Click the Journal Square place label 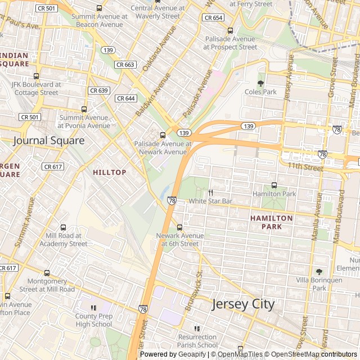pyautogui.click(x=48, y=141)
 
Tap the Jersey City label pyautogui.click(x=243, y=304)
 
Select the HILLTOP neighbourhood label pyautogui.click(x=109, y=172)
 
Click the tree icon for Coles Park pyautogui.click(x=260, y=83)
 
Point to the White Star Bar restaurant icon pyautogui.click(x=211, y=192)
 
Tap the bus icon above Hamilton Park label pyautogui.click(x=274, y=185)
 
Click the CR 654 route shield pyautogui.click(x=213, y=18)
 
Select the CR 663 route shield pyautogui.click(x=125, y=65)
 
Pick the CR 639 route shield pyautogui.click(x=99, y=90)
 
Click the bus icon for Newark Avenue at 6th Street pyautogui.click(x=179, y=227)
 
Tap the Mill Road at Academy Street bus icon pyautogui.click(x=63, y=227)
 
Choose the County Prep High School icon pyautogui.click(x=93, y=307)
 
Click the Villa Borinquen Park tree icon pyautogui.click(x=319, y=272)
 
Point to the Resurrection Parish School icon pyautogui.click(x=197, y=328)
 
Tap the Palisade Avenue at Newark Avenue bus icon pyautogui.click(x=163, y=135)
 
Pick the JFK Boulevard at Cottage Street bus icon pyautogui.click(x=37, y=76)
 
